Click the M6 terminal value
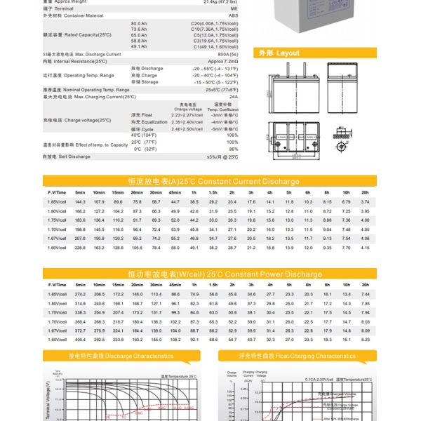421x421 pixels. point(234,8)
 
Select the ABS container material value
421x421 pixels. point(234,15)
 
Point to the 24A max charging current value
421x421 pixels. point(234,97)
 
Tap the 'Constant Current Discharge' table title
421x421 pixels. point(213,181)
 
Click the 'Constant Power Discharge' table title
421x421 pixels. point(214,274)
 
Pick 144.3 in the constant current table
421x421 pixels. point(79,201)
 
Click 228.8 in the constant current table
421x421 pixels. point(79,248)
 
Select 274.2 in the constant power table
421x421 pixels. point(79,293)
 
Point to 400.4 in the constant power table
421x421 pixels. point(79,340)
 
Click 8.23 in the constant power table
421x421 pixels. point(364,340)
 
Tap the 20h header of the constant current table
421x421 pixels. point(364,192)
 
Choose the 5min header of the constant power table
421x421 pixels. point(79,284)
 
